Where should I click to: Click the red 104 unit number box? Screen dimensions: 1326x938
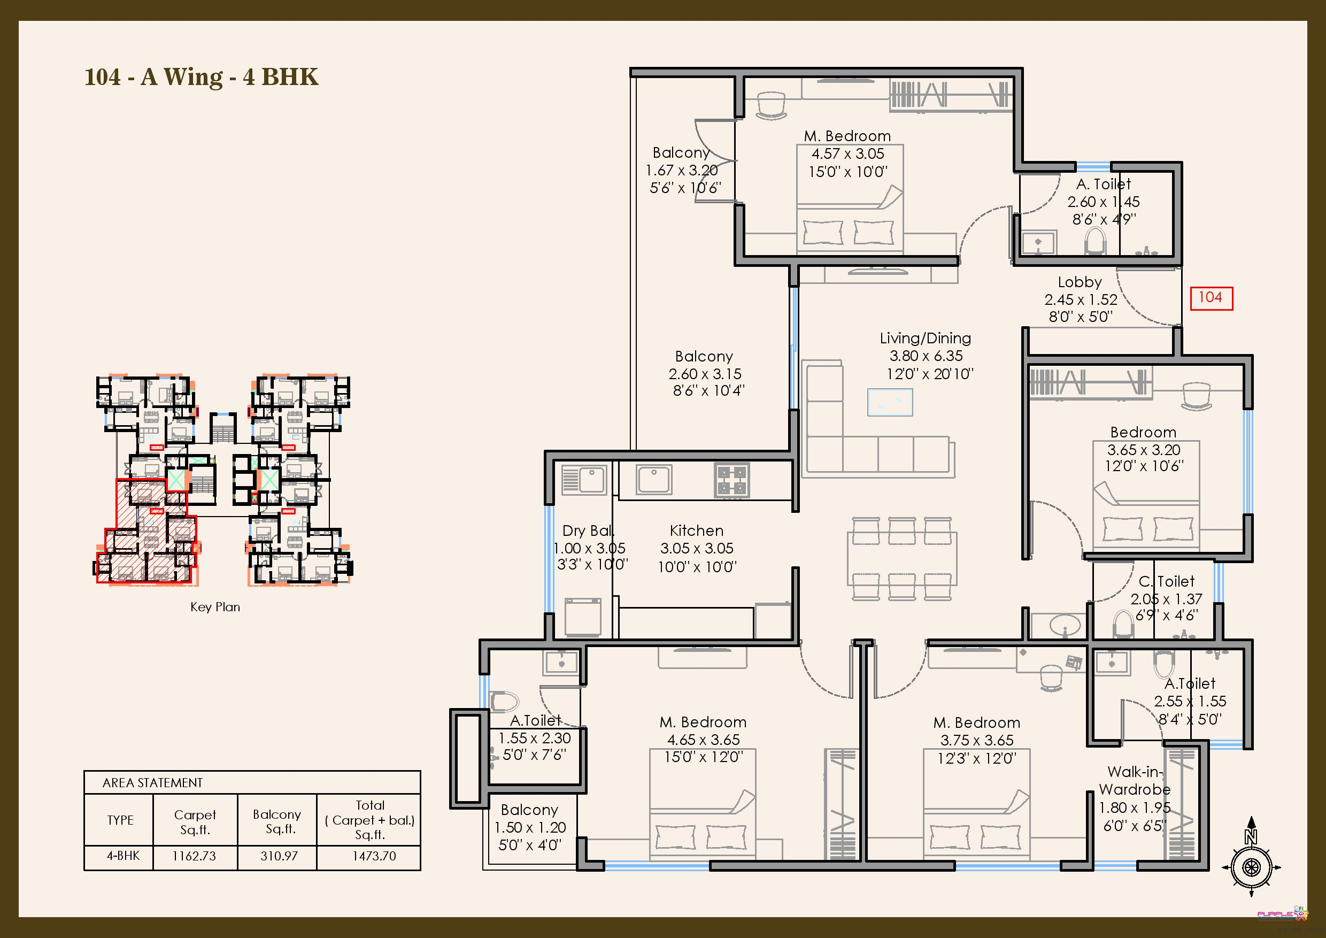pyautogui.click(x=1211, y=298)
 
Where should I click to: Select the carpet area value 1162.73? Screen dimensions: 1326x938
pyautogui.click(x=194, y=856)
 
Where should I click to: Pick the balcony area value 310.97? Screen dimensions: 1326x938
pyautogui.click(x=279, y=856)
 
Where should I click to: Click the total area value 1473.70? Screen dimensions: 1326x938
pyautogui.click(x=374, y=856)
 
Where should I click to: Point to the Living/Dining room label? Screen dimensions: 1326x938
pyautogui.click(x=925, y=338)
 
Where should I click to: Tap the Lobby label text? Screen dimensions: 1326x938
pyautogui.click(x=1080, y=282)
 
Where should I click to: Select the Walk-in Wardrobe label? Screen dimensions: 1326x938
pyautogui.click(x=1134, y=780)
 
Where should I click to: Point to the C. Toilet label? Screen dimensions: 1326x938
pyautogui.click(x=1166, y=581)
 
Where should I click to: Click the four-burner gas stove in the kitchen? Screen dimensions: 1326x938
pyautogui.click(x=733, y=481)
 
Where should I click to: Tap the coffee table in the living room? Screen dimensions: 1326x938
pyautogui.click(x=890, y=402)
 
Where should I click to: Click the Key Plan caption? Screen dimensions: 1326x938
pyautogui.click(x=215, y=607)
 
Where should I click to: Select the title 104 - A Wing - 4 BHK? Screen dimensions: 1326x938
pyautogui.click(x=201, y=77)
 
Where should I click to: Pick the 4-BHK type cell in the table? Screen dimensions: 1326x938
pyautogui.click(x=123, y=856)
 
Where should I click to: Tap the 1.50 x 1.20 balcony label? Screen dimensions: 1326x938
pyautogui.click(x=529, y=827)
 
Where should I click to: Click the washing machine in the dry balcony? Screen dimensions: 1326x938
pyautogui.click(x=583, y=617)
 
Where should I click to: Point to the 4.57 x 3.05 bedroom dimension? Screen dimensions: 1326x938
pyautogui.click(x=848, y=153)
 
